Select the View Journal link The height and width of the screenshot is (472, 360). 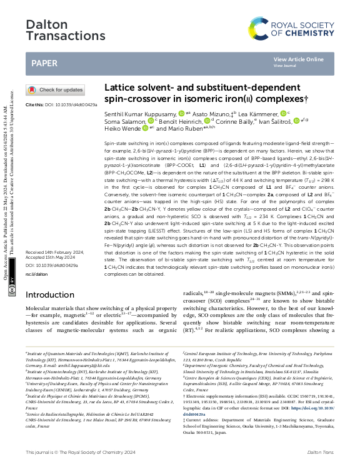284,65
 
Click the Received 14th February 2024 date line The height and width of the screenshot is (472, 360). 56,253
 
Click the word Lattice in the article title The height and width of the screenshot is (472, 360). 120,88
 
